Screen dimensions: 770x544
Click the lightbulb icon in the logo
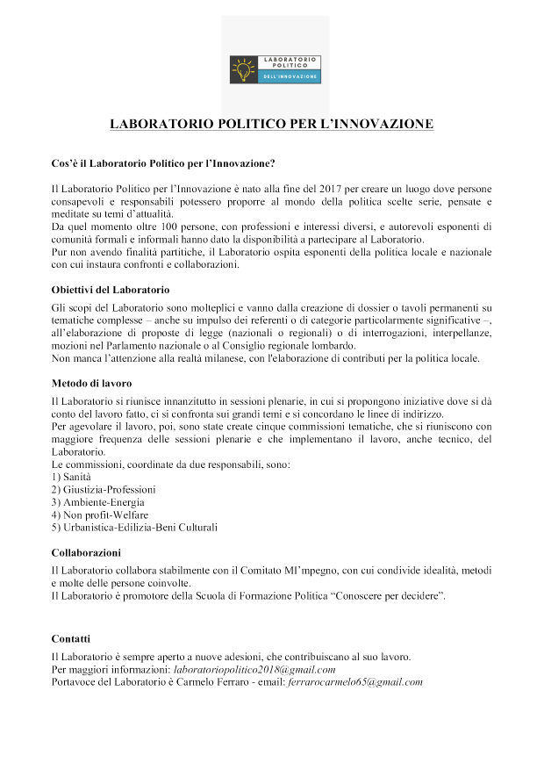pyautogui.click(x=240, y=68)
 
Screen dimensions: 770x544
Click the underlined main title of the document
pyautogui.click(x=271, y=124)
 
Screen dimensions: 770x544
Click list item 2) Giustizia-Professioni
pyautogui.click(x=104, y=488)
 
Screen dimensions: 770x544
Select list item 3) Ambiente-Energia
pyautogui.click(x=98, y=501)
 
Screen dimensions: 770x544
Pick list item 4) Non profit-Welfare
pyautogui.click(x=99, y=514)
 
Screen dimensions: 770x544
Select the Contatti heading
pyautogui.click(x=71, y=638)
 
